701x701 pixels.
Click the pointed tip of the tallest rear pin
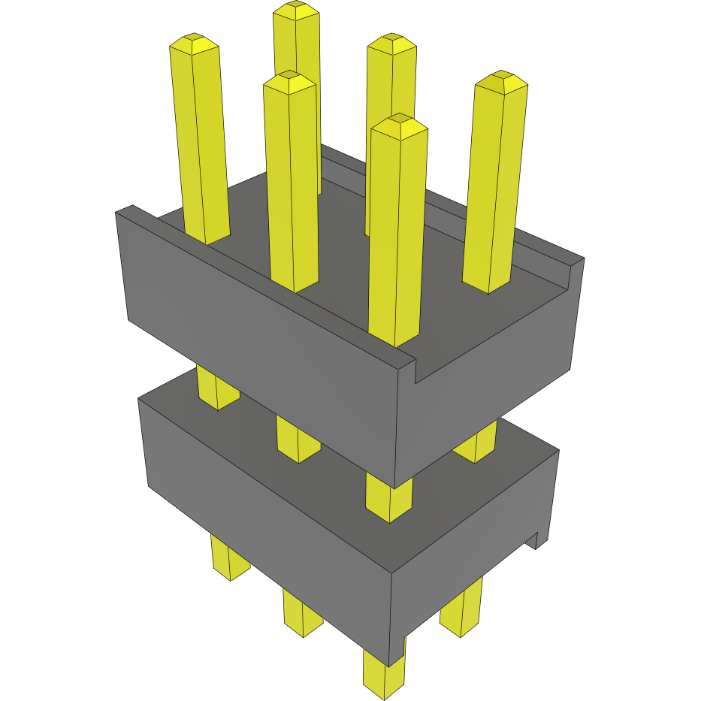tap(295, 9)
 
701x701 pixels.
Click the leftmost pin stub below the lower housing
tap(228, 559)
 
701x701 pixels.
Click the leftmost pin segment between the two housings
tap(216, 387)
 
